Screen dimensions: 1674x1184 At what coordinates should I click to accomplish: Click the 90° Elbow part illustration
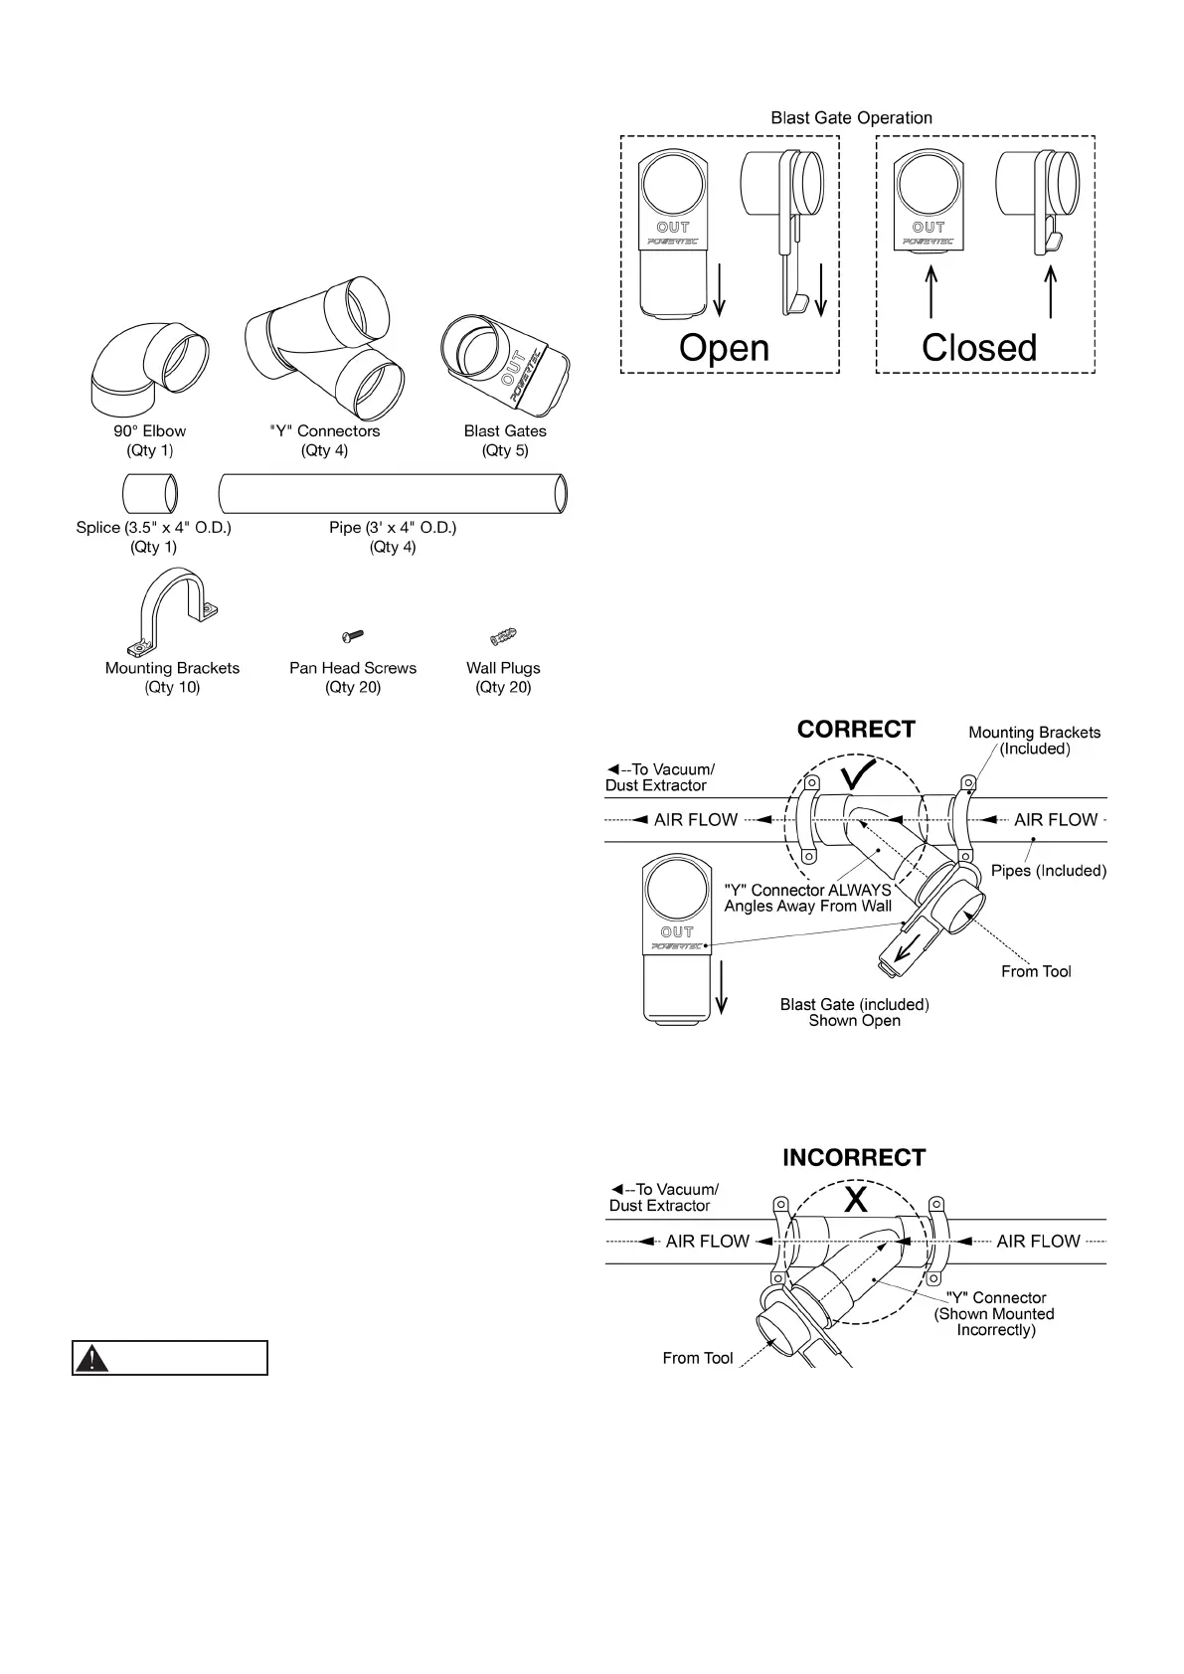(x=150, y=368)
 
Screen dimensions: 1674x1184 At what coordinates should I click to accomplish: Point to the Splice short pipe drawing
(x=151, y=493)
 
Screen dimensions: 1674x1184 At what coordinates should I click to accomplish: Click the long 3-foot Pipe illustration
(x=393, y=493)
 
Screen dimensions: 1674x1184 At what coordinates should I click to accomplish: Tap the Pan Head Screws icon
(x=353, y=635)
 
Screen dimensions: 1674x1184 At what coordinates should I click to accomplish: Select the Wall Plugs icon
(x=503, y=636)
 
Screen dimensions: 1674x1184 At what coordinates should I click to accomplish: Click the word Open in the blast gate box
(x=724, y=348)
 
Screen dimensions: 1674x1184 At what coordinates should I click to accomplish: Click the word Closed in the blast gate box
(x=978, y=348)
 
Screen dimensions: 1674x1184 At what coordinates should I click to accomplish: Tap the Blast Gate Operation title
(x=851, y=117)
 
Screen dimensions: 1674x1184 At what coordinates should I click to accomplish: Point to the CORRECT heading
(x=855, y=730)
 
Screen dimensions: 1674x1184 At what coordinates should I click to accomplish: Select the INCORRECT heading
(x=854, y=1158)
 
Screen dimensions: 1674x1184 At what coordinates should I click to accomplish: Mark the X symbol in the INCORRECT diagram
(x=855, y=1201)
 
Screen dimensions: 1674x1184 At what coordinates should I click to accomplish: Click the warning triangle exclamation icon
(x=92, y=1358)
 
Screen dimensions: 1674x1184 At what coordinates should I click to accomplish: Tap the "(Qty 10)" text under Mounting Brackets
(x=172, y=687)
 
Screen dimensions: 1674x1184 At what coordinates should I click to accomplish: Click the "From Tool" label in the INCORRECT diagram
(x=698, y=1358)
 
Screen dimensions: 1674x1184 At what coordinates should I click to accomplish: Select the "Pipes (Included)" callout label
(x=1049, y=871)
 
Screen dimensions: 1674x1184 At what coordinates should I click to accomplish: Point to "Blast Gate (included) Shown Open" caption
(x=854, y=1013)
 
